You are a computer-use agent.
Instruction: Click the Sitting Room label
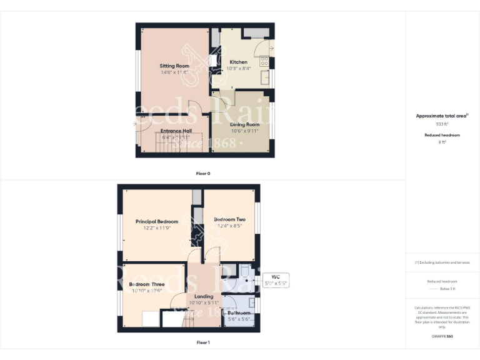[x=174, y=66]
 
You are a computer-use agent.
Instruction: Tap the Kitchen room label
[x=238, y=62]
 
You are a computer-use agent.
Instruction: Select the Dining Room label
[x=244, y=124]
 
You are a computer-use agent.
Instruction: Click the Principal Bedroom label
[x=157, y=221]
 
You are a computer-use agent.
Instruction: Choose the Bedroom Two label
[x=229, y=219]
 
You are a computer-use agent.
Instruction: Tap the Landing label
[x=204, y=296]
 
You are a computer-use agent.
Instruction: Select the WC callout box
[x=276, y=280]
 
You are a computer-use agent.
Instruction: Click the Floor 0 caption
[x=203, y=173]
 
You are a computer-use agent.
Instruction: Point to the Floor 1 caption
[x=203, y=342]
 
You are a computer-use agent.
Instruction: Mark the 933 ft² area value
[x=442, y=124]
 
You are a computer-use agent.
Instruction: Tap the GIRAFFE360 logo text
[x=442, y=336]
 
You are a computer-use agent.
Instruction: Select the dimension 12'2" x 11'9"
[x=157, y=228]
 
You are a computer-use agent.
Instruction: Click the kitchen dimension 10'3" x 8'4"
[x=238, y=68]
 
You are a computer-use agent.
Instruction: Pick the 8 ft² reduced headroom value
[x=442, y=142]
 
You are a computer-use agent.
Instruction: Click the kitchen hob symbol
[x=264, y=61]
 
